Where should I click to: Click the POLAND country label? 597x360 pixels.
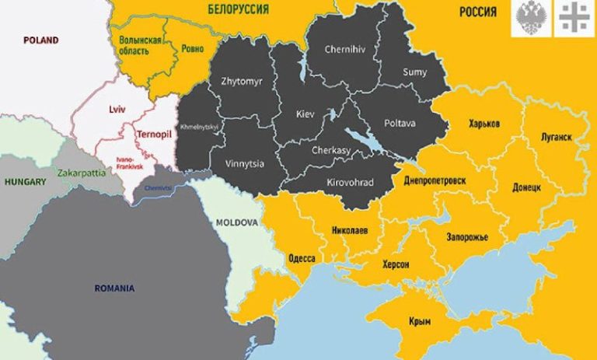[x=40, y=40]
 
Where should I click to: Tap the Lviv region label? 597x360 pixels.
[x=117, y=110]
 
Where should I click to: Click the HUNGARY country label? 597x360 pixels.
[x=25, y=181]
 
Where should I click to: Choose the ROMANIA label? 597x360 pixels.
[x=114, y=288]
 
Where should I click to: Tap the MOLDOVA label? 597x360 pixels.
[x=237, y=222]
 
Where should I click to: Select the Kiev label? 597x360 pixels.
[x=305, y=114]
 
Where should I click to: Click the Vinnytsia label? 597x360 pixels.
[x=221, y=164]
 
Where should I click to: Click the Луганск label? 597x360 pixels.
[x=556, y=137]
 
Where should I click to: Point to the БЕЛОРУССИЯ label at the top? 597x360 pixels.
[x=239, y=9]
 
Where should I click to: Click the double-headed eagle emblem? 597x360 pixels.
[x=530, y=18]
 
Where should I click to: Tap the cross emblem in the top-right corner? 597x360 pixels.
[x=574, y=18]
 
